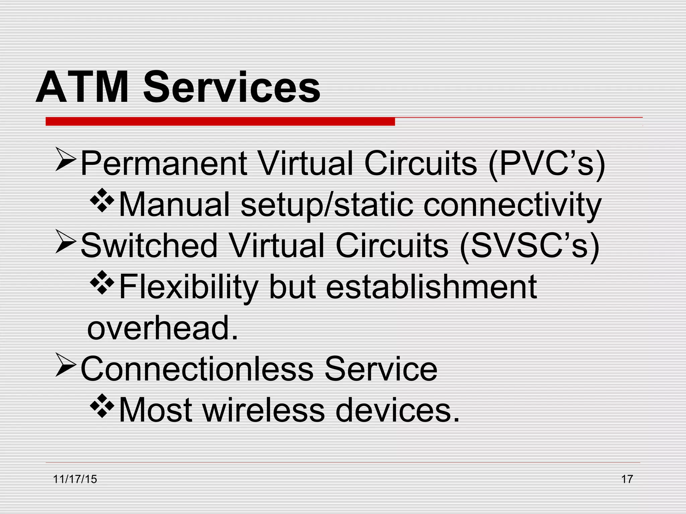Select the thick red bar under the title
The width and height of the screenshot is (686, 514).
(220, 121)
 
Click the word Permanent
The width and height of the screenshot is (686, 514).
(164, 163)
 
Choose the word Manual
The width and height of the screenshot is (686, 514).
(174, 204)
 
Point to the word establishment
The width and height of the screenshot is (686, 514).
(431, 287)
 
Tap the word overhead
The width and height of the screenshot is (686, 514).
(162, 328)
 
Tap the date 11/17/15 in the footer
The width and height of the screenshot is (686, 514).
(75, 479)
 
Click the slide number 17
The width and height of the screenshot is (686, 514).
(627, 479)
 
